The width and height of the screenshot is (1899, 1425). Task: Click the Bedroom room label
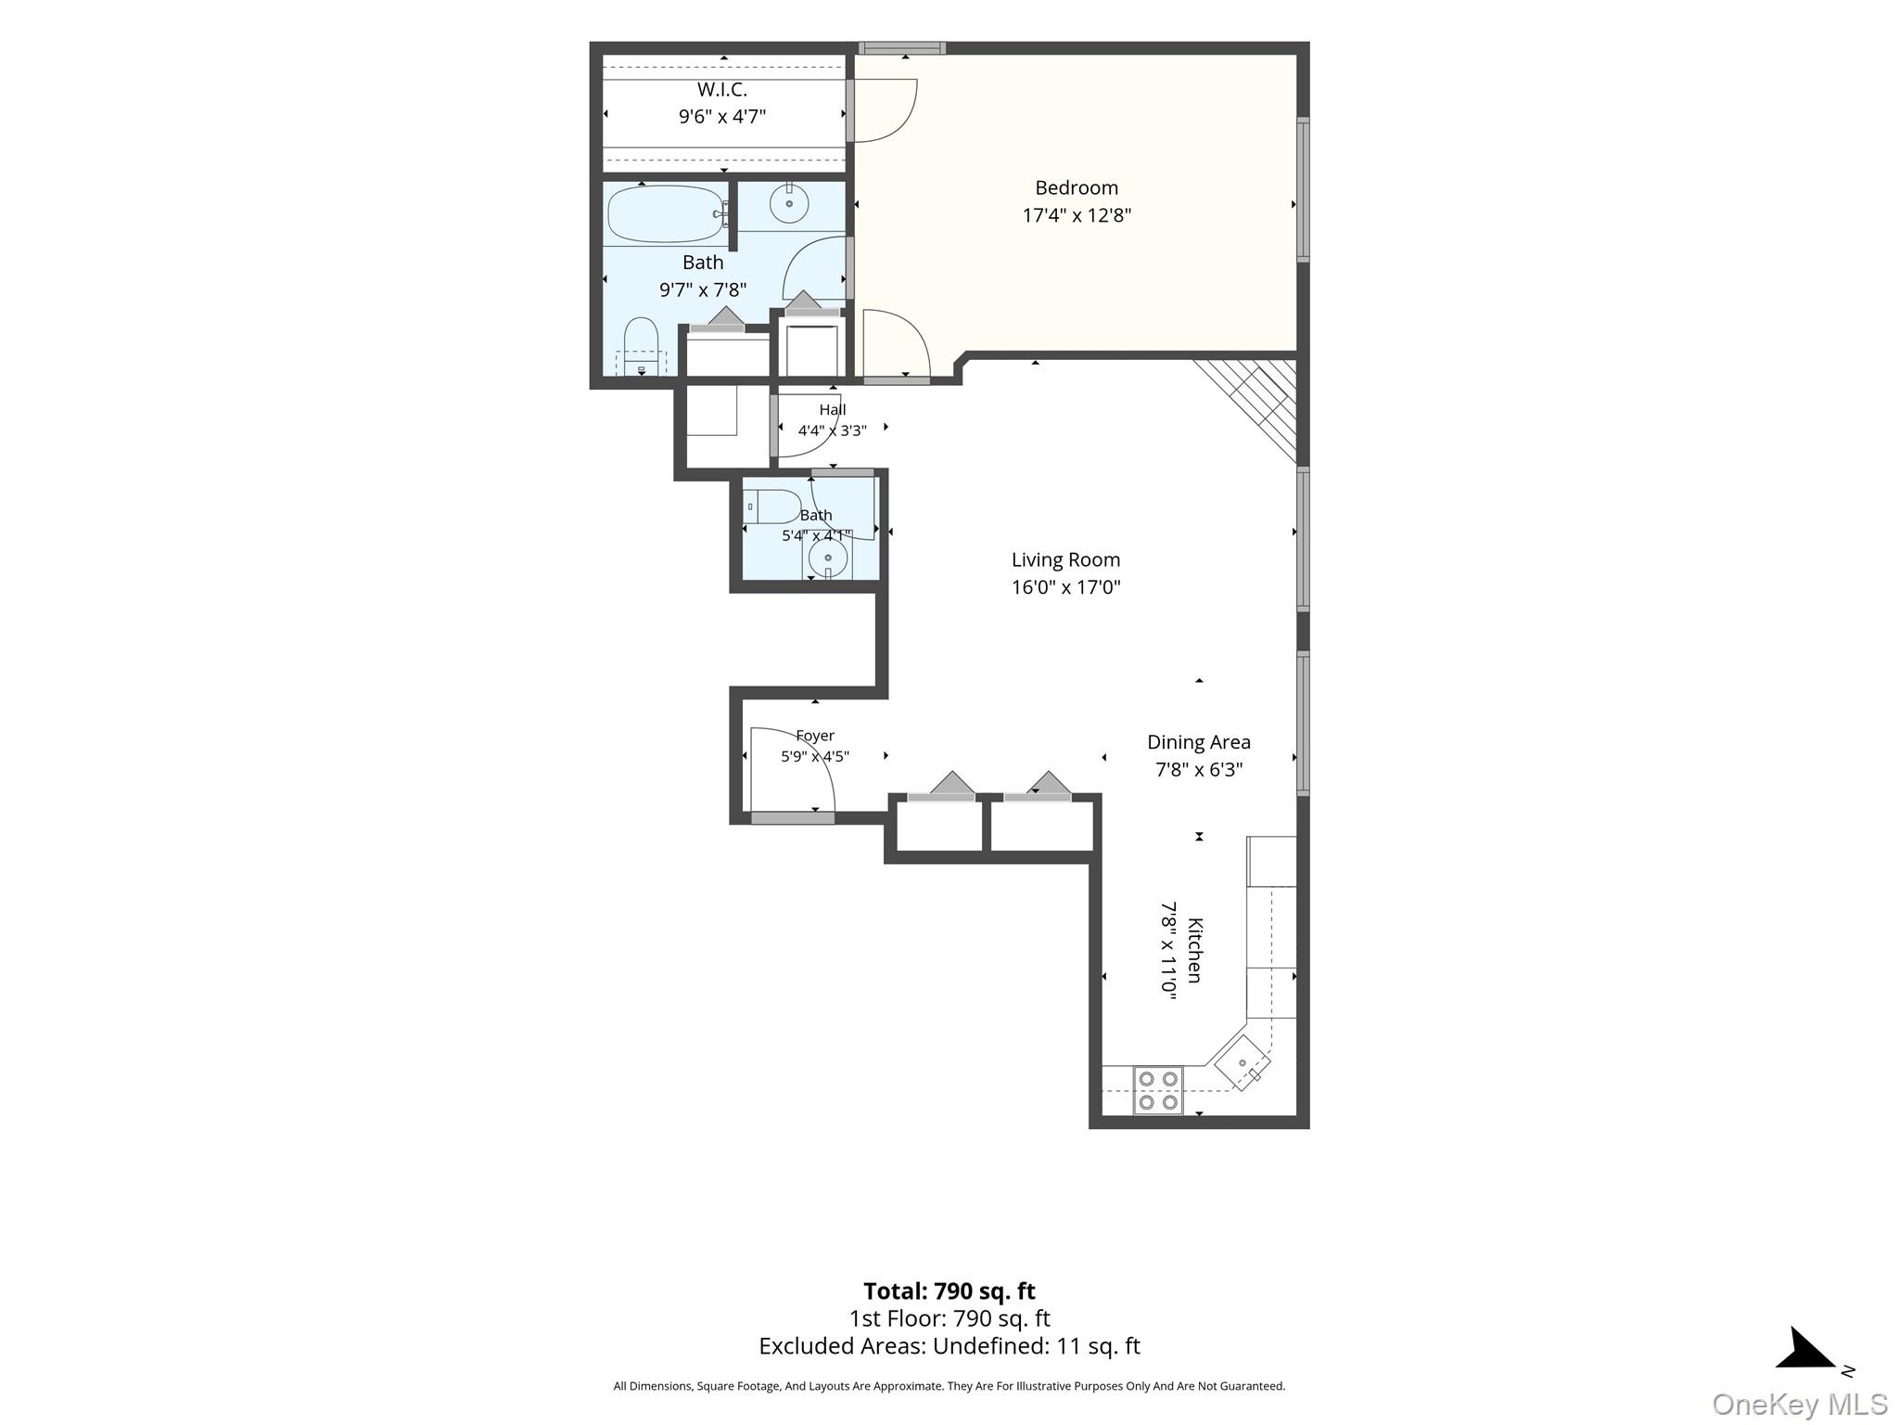coord(1077,187)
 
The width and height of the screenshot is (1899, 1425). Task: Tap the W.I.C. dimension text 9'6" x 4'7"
coord(722,117)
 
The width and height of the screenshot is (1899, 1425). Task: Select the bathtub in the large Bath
coord(667,215)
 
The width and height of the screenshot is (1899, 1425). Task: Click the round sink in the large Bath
coord(789,204)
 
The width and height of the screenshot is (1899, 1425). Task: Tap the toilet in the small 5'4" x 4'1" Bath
coord(772,507)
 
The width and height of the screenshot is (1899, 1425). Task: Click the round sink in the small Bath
coord(828,559)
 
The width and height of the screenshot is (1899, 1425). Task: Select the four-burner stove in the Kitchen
coord(1158,1090)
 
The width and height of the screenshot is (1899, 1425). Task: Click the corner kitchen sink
coord(1243,1062)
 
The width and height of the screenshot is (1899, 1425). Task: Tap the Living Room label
coord(1065,560)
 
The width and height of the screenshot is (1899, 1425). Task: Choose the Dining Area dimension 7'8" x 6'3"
coord(1199,770)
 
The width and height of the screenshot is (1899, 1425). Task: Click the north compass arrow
coord(1806,1350)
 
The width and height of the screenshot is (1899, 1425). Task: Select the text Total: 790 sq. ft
coord(949,1291)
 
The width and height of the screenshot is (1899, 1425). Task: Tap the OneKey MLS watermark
coord(1800,1405)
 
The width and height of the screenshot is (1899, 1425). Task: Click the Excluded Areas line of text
coord(949,1346)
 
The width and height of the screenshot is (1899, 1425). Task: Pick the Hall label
coord(833,410)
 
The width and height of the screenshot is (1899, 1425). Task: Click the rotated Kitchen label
coord(1195,950)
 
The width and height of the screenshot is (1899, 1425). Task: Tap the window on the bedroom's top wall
coord(902,48)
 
